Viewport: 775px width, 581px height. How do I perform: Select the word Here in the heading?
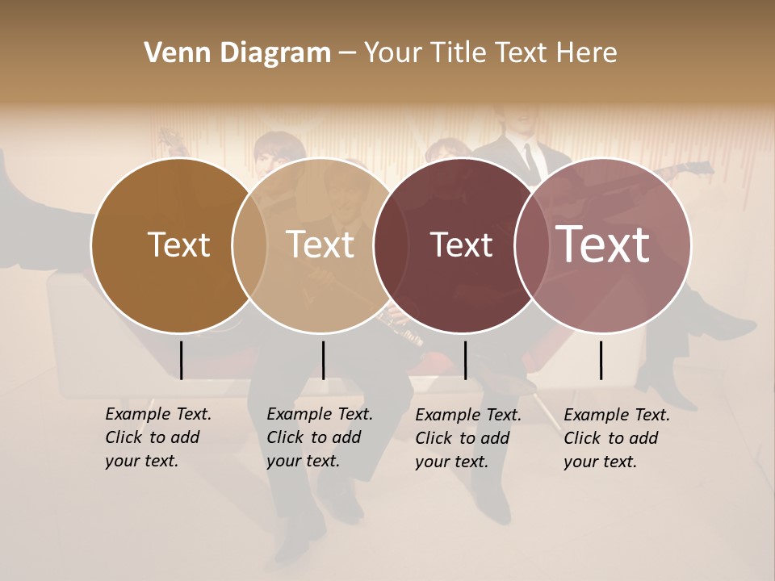(x=587, y=53)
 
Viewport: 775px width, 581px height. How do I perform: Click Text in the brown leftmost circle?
(x=178, y=245)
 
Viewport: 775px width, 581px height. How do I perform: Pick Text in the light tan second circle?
(x=320, y=245)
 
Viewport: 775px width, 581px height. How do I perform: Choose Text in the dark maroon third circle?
(x=462, y=245)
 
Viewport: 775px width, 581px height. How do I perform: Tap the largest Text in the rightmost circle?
(x=603, y=244)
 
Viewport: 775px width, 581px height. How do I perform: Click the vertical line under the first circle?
(x=181, y=360)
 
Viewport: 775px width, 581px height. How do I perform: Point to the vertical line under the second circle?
(x=323, y=360)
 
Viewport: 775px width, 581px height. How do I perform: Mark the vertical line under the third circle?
(x=465, y=360)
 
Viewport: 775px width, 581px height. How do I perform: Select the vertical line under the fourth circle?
(x=601, y=360)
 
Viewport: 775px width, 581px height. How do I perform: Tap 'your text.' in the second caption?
(x=303, y=461)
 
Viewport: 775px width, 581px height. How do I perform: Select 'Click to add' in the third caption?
(x=463, y=438)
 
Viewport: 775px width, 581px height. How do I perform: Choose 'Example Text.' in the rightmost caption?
(x=617, y=416)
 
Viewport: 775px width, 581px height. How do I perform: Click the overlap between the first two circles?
(x=250, y=245)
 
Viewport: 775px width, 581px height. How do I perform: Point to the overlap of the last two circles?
(x=534, y=245)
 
